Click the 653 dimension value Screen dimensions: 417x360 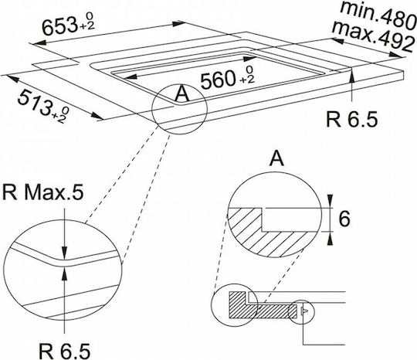[59, 26]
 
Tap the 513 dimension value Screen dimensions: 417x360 [35, 104]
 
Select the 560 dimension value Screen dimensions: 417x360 [219, 80]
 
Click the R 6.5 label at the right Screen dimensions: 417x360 [351, 120]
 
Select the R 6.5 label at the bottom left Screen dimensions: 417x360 [64, 351]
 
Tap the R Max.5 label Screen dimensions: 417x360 [42, 192]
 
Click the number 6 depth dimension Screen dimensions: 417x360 [344, 219]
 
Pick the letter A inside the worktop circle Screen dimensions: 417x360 [182, 93]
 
